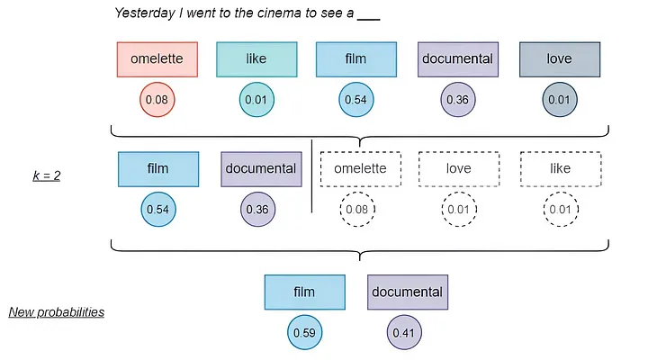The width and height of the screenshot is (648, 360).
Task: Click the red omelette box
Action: [157, 59]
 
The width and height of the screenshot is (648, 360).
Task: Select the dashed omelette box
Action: [359, 168]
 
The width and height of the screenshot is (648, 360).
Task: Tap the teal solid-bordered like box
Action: [256, 59]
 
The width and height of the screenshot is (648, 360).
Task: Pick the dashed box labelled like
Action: [559, 168]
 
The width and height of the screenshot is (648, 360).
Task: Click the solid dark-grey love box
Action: [559, 59]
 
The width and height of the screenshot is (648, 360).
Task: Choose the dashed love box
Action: [459, 168]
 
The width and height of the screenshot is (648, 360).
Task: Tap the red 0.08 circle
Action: [157, 99]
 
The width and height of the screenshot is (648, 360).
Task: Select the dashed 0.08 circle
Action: [357, 210]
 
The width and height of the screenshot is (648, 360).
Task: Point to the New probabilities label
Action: [57, 312]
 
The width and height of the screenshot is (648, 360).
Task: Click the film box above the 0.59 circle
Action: [304, 292]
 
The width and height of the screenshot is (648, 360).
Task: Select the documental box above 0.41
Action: [407, 292]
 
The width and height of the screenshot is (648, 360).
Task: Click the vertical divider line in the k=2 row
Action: [311, 176]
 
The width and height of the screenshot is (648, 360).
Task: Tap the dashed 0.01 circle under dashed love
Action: [458, 210]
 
